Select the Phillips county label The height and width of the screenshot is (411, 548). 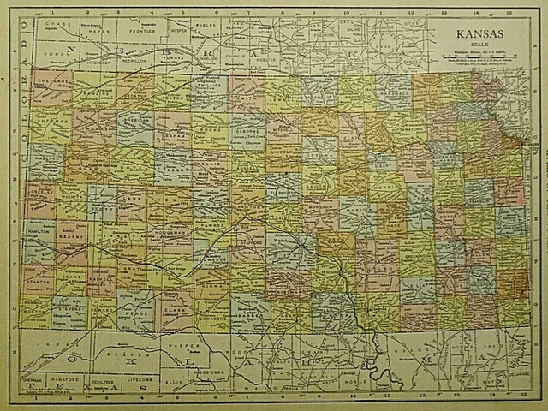pyautogui.click(x=211, y=86)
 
